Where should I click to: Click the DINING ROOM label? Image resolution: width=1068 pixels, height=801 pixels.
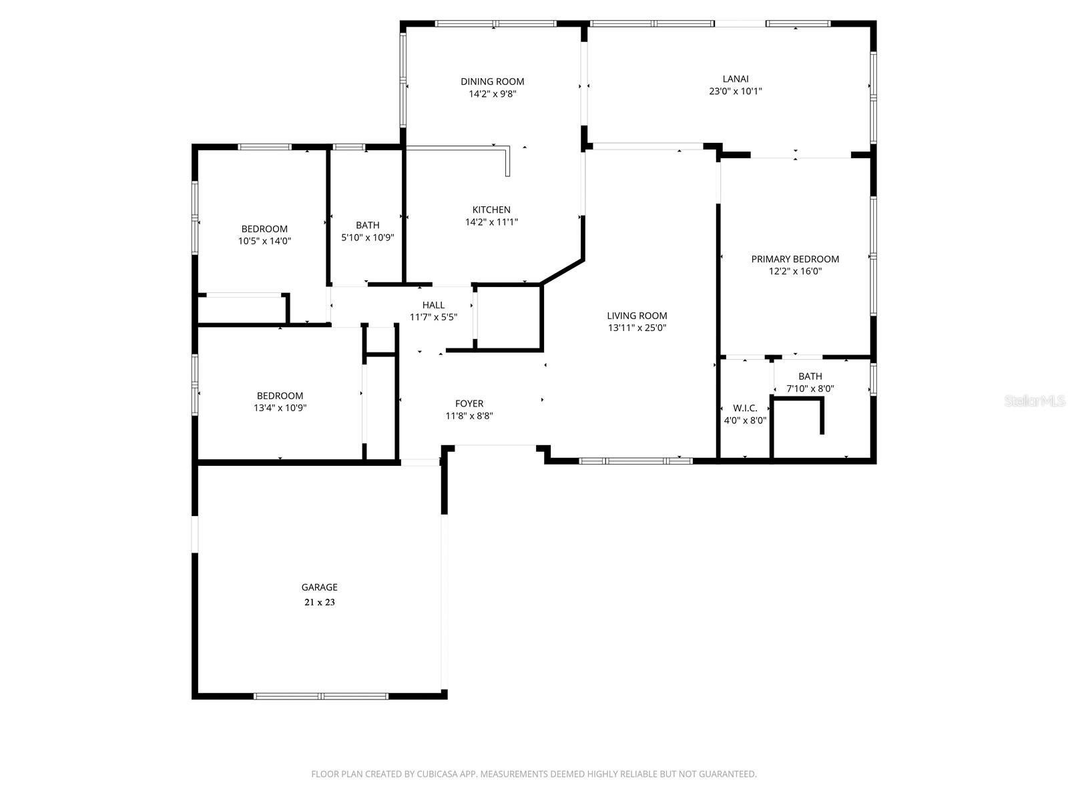(x=492, y=81)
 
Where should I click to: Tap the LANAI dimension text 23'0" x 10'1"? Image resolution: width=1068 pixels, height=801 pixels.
(x=735, y=91)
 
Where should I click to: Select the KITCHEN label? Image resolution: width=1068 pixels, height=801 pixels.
(x=491, y=210)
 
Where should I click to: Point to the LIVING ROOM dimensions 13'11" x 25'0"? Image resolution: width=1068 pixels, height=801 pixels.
(x=637, y=328)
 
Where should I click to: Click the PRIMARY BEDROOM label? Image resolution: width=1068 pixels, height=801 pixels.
(x=795, y=259)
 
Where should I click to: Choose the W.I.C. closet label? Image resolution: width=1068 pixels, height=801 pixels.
(x=745, y=408)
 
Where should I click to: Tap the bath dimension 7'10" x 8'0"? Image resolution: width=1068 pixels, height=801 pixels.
(x=810, y=388)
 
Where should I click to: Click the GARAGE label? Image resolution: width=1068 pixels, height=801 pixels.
(x=319, y=587)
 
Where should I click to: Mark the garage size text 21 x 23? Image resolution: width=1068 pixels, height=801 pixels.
(x=319, y=602)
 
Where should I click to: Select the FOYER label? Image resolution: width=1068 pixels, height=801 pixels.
(x=469, y=403)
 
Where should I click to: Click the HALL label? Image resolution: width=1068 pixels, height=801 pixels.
(x=433, y=305)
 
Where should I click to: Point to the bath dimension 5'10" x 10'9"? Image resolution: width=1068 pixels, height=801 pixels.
(x=368, y=237)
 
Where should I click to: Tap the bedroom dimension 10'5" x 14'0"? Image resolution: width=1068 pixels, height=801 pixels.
(x=264, y=241)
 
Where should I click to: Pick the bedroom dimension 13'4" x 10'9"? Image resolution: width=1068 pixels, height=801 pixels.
(x=280, y=408)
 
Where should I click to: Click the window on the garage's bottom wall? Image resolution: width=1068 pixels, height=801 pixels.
(x=320, y=696)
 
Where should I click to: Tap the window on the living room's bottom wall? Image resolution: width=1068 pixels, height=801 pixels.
(x=635, y=461)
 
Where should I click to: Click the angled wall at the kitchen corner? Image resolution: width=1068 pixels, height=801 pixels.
(x=562, y=272)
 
